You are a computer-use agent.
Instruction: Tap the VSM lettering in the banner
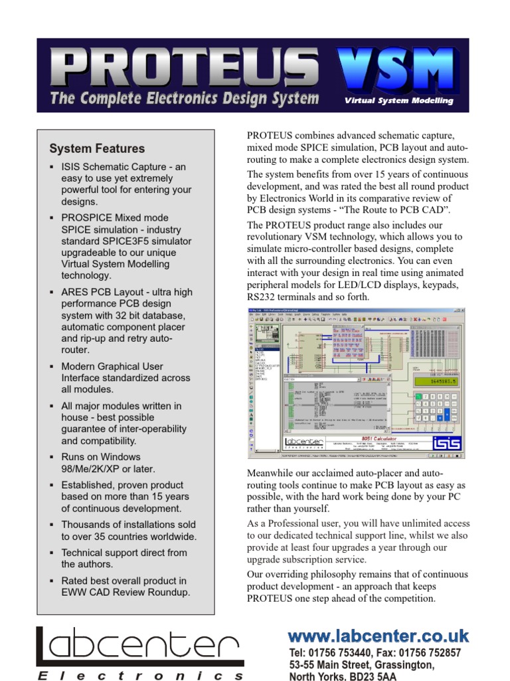(398, 68)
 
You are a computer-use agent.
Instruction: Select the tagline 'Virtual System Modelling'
(398, 101)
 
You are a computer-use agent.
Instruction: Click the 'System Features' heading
(97, 148)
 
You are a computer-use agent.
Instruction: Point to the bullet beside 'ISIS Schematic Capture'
(52, 168)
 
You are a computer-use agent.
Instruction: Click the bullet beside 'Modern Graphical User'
(52, 367)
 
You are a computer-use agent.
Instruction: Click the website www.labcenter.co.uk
(379, 636)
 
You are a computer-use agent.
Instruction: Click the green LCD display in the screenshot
(435, 381)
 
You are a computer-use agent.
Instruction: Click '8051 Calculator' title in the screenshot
(375, 439)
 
